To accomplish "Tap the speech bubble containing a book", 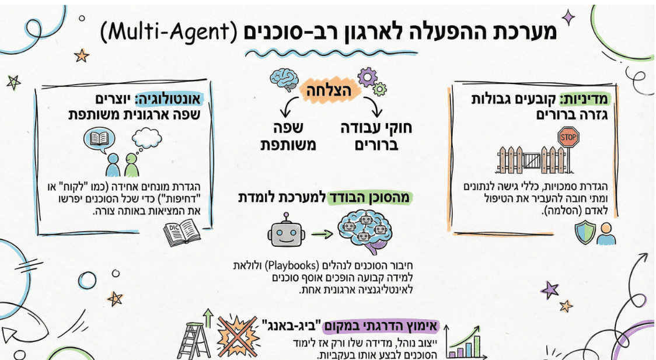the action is click(x=99, y=141).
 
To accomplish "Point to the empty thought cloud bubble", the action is click(x=146, y=138).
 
